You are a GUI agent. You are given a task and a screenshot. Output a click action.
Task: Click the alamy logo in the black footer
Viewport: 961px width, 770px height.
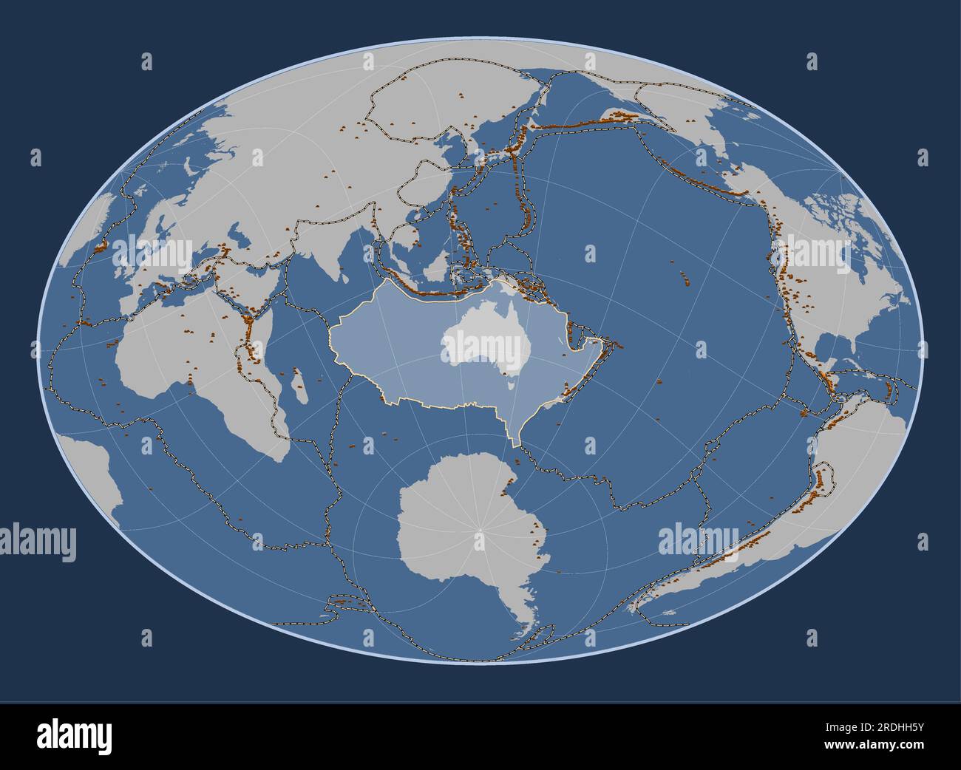75,736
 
